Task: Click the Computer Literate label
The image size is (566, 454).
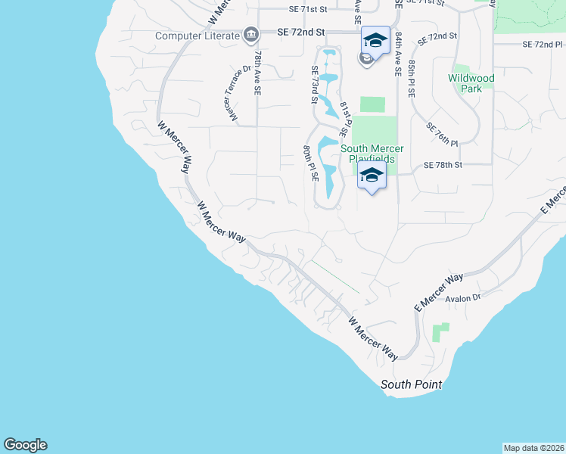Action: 197,35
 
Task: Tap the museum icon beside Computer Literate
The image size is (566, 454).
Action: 250,35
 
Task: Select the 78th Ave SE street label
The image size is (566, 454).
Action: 257,73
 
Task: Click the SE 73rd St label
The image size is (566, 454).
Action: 313,84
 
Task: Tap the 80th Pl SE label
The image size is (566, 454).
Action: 310,163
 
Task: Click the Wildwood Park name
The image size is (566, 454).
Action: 471,83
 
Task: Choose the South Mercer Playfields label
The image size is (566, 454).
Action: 376,154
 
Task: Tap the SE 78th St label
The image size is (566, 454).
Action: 443,165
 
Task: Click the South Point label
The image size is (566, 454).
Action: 411,385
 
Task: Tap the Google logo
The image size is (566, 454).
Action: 25,445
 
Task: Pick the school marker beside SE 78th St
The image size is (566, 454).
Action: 372,176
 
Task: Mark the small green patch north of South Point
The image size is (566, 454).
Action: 440,331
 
